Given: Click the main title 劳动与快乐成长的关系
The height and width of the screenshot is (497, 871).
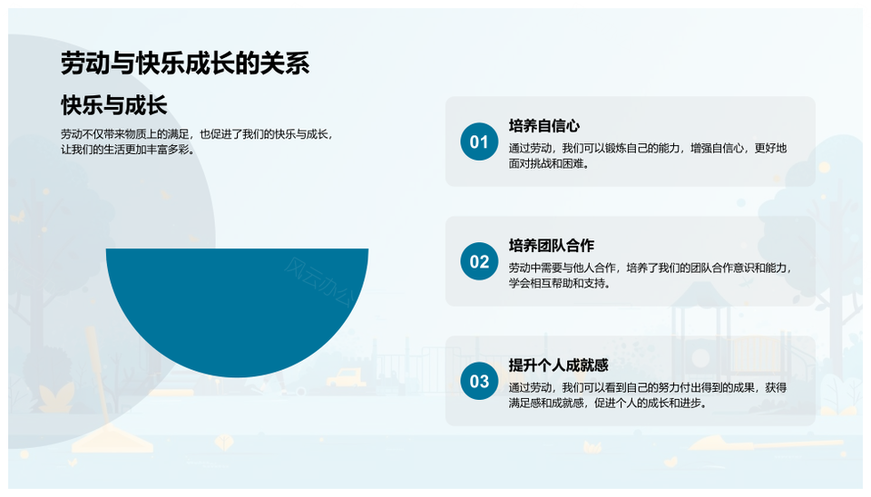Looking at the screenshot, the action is pos(185,63).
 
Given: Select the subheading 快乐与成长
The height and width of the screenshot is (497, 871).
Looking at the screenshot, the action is pos(114,105).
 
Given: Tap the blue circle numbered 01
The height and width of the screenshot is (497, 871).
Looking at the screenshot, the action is pos(479,141).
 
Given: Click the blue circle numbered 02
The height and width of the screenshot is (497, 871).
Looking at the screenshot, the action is pos(479,261).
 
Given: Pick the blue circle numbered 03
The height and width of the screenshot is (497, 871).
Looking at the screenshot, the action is pos(479,381).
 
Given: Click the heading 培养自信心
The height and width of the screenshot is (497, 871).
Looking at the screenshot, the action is pos(543,126).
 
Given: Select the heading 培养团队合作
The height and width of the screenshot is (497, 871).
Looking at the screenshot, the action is pos(551,246).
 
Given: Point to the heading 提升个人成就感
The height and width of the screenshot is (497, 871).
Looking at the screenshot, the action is pos(558,365).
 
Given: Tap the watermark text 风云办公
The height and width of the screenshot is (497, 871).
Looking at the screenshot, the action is pos(319,282).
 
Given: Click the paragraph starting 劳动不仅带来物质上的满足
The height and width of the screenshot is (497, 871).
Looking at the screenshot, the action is pos(197,142).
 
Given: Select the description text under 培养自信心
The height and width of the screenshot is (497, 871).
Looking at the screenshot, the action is pos(648,156).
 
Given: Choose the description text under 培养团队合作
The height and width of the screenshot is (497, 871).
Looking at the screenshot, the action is pos(651,276).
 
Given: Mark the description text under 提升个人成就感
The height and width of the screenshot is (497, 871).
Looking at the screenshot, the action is pos(648,395).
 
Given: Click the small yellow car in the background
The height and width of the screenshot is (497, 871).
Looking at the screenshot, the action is pos(346,377).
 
